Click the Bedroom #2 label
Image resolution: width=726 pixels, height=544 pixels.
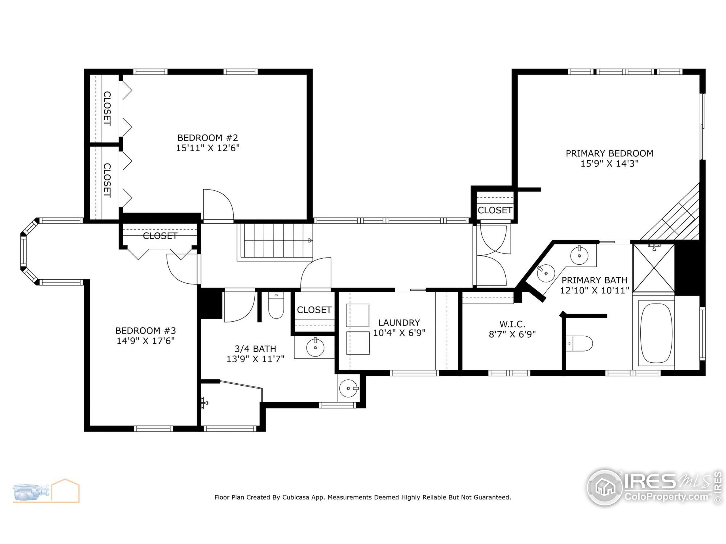[207, 138]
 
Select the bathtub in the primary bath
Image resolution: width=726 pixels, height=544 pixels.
[656, 333]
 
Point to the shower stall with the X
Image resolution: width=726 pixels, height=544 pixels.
[653, 268]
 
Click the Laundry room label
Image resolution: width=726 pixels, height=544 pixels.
[399, 323]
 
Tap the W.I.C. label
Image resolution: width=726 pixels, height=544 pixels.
[512, 324]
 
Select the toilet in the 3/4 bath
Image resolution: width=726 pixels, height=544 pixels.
[276, 306]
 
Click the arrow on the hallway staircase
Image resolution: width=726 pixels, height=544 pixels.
[310, 240]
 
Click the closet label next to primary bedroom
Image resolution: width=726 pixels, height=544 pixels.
[495, 210]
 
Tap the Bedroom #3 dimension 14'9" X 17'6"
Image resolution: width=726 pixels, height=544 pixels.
[145, 341]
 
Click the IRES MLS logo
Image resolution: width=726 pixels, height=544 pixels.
[653, 487]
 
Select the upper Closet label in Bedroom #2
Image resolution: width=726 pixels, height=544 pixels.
[107, 109]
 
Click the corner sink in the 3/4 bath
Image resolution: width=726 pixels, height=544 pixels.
[349, 388]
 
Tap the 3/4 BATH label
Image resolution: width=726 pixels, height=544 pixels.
[255, 348]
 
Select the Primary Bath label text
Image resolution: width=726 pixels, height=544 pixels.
[594, 280]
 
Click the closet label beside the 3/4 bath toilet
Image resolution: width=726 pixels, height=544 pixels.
[314, 310]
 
